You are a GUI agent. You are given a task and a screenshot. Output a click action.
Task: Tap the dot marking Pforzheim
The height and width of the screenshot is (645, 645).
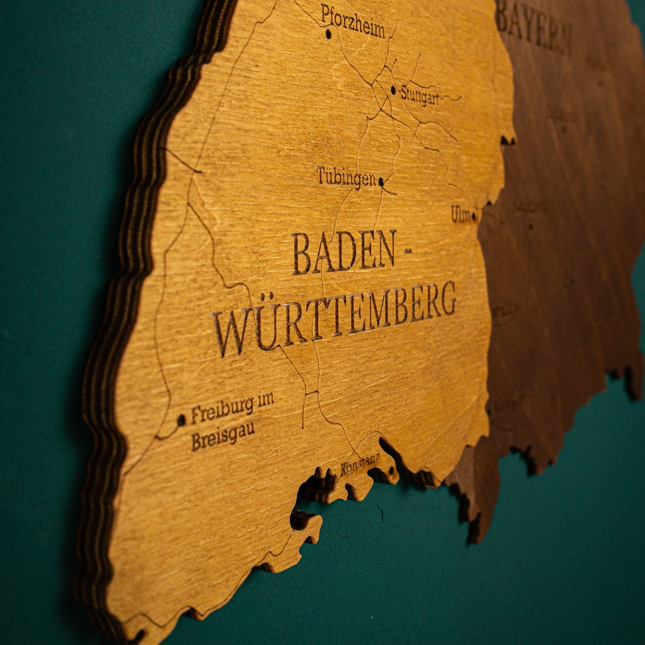click(328, 34)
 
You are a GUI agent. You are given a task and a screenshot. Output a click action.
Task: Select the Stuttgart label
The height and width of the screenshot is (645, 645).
click(420, 95)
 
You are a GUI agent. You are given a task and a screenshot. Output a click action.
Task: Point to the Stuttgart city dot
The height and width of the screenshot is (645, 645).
click(394, 88)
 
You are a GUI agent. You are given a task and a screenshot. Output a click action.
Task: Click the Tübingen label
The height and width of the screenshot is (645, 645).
click(346, 176)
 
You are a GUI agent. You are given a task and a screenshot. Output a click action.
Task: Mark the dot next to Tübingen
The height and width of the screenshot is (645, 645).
click(381, 181)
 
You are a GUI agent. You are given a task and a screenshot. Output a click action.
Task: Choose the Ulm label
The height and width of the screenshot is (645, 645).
click(460, 214)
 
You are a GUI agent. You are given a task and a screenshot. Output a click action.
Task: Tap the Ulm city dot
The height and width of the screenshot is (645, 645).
click(474, 217)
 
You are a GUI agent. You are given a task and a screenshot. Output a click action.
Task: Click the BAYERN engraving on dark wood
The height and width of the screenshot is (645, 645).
click(535, 27)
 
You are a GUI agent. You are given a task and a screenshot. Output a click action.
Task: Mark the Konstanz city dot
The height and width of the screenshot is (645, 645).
click(391, 471)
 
